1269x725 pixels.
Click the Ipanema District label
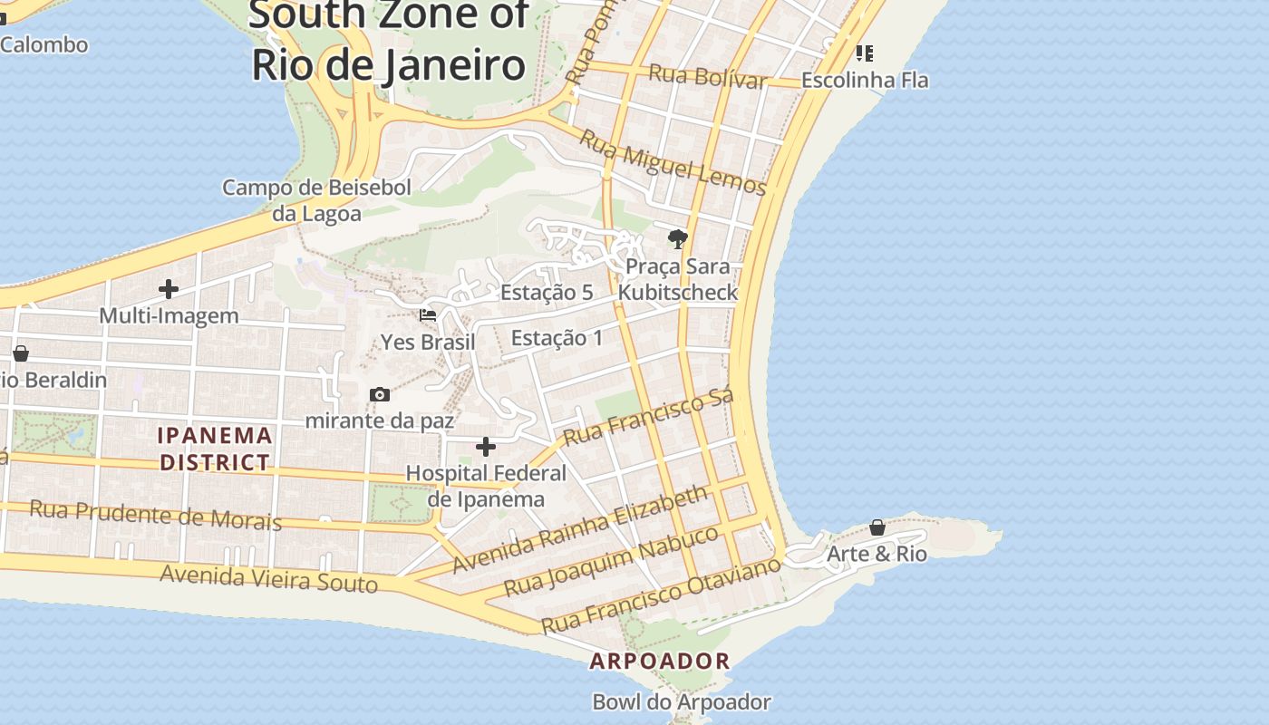pos(215,449)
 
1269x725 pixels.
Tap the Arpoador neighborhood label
pos(660,661)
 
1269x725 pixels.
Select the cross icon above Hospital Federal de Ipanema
pos(486,447)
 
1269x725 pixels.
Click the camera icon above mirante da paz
pos(380,394)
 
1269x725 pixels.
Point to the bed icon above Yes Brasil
pos(428,315)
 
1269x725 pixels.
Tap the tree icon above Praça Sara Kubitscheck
pos(677,239)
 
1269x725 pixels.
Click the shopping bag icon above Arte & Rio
pos(877,527)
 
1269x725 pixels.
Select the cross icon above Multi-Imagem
pos(169,289)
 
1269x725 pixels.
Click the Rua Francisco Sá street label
pos(647,418)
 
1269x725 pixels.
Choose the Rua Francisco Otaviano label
pos(660,595)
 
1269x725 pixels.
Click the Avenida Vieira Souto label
pos(268,577)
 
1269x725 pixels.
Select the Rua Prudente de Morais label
pos(155,515)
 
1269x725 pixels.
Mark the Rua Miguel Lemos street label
pos(673,163)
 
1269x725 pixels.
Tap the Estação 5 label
pos(547,293)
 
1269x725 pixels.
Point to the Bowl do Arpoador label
pos(682,702)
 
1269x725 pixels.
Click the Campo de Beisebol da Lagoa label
pos(316,200)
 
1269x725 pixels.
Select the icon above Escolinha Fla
pos(865,53)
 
